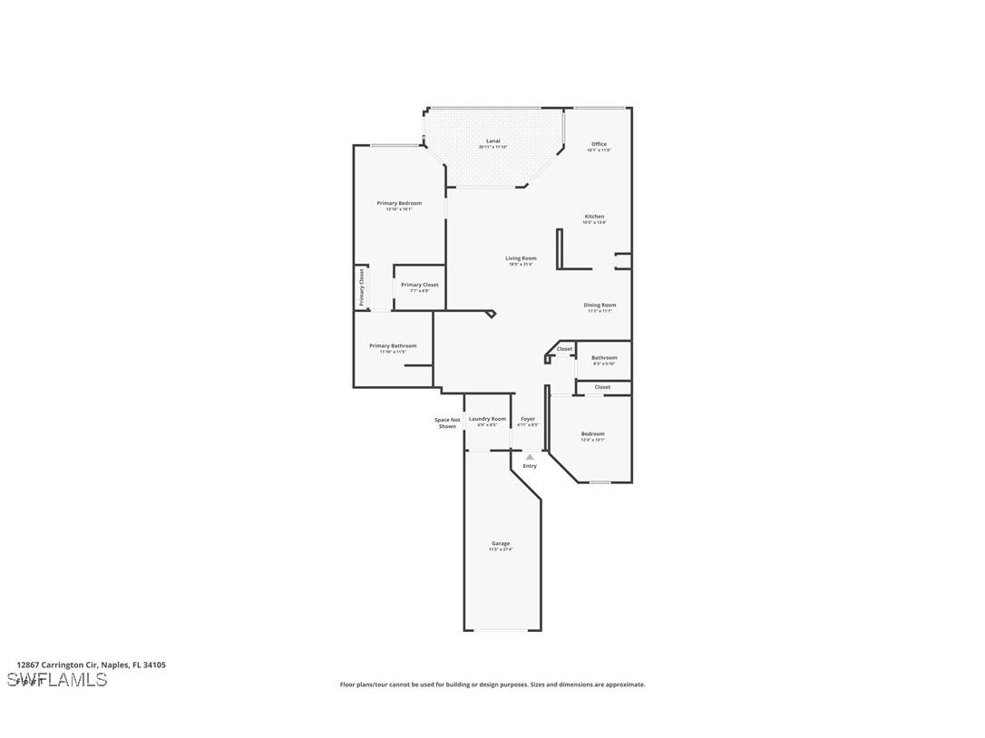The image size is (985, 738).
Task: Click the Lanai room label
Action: (493, 141)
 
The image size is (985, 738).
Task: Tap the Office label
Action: (599, 144)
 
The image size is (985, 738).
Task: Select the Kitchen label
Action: (594, 217)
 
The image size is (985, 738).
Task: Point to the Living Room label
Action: (521, 258)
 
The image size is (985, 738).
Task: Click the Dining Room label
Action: (600, 305)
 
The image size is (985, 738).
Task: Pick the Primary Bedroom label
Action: (399, 203)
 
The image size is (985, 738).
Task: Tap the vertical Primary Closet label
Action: (361, 286)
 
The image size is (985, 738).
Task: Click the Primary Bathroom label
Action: (393, 345)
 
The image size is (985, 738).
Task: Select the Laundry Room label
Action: (487, 419)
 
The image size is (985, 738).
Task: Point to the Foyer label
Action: (528, 419)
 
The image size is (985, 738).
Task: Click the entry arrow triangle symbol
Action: (530, 457)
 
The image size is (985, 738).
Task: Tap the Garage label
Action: (501, 543)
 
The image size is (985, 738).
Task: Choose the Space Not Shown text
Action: (447, 422)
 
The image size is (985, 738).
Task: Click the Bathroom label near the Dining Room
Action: (604, 357)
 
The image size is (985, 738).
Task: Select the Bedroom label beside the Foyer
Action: (592, 433)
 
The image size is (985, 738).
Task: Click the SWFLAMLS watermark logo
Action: (56, 679)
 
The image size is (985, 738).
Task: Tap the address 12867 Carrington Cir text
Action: (91, 665)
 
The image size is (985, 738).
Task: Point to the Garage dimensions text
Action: (501, 549)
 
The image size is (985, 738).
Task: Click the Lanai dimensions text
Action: (493, 147)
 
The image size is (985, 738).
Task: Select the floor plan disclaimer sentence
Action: (492, 685)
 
